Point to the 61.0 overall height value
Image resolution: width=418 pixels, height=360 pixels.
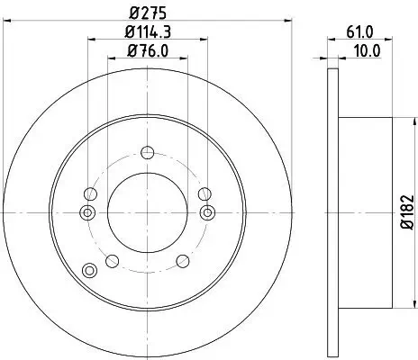(359, 33)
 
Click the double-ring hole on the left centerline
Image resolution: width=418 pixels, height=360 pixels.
(86, 212)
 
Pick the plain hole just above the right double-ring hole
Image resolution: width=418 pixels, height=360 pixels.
(204, 193)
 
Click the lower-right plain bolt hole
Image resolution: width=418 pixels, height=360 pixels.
(181, 261)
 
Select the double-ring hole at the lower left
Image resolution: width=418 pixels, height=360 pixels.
(88, 270)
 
